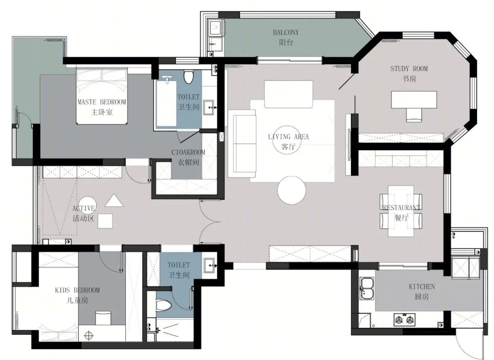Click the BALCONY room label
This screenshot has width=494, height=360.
(286, 32)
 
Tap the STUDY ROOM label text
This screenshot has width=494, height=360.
(409, 69)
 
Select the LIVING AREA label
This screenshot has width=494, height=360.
(288, 137)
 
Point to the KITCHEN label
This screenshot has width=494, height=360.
(422, 287)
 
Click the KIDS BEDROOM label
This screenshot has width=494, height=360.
(77, 290)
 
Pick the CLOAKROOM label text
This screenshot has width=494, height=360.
(188, 152)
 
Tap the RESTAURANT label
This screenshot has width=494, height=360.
(402, 207)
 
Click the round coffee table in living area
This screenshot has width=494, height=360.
(291, 190)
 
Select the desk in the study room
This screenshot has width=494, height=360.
(414, 100)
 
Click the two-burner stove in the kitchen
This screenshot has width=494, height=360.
(404, 320)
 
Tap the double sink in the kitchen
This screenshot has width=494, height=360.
(367, 288)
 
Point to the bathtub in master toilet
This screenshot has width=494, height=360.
(166, 103)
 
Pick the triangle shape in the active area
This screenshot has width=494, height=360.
(114, 201)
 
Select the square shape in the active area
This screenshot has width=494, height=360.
(105, 221)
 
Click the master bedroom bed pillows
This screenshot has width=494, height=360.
(102, 74)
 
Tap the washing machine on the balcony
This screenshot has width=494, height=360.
(216, 28)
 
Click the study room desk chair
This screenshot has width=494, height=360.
(413, 115)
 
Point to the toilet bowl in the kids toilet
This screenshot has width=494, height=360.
(163, 305)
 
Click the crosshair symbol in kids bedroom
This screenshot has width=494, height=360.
(89, 335)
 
